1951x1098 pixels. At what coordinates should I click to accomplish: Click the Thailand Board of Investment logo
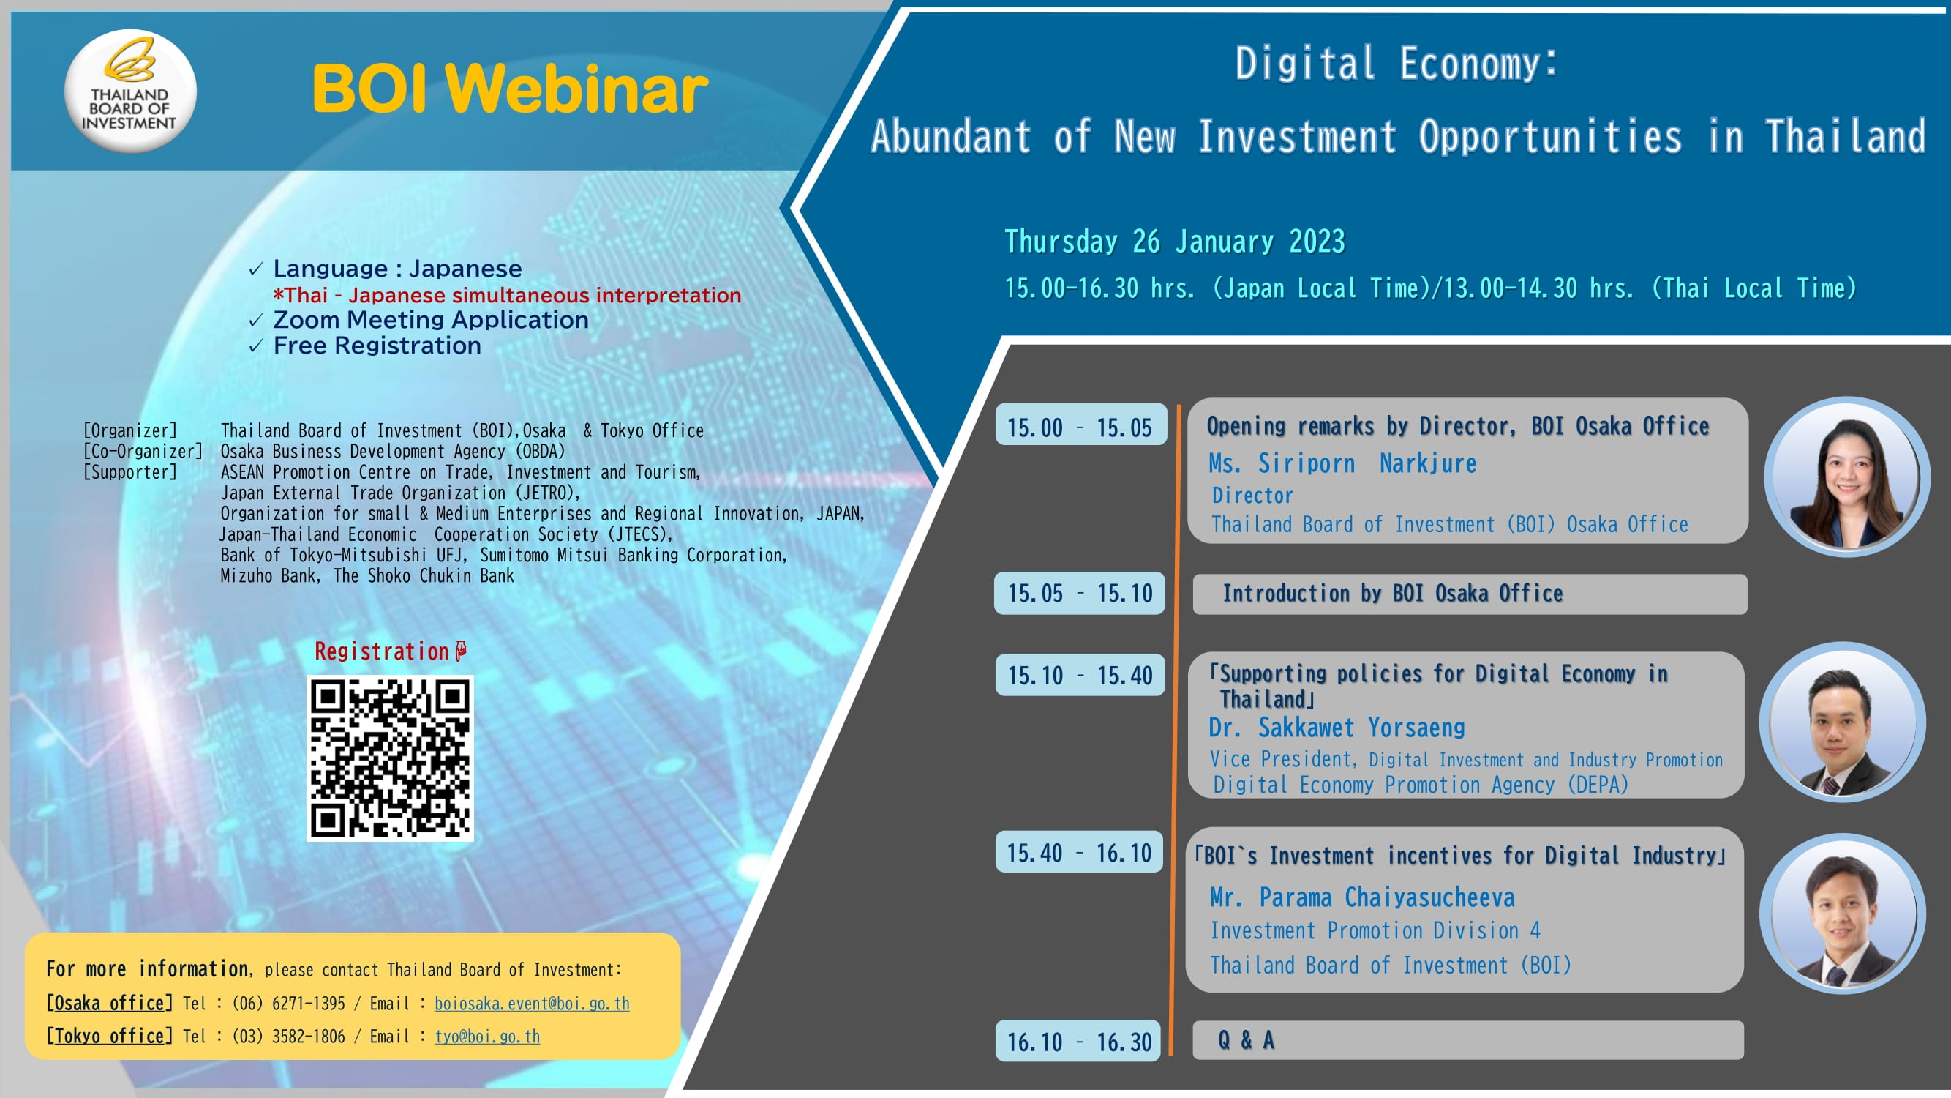point(130,91)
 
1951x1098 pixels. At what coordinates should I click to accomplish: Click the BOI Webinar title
point(510,89)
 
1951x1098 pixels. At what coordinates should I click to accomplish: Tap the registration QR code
point(390,758)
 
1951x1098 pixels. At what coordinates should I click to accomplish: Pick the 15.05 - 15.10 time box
point(1080,593)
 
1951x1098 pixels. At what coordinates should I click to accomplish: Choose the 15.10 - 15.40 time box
point(1080,674)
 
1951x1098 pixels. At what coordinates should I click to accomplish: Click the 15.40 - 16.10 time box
point(1079,852)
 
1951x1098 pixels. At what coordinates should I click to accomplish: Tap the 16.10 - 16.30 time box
point(1078,1041)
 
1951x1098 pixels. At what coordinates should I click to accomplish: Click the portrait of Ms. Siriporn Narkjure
point(1847,476)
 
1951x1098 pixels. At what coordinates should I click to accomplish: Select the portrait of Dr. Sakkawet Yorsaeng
point(1843,723)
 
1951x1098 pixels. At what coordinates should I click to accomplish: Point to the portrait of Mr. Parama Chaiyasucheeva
point(1843,913)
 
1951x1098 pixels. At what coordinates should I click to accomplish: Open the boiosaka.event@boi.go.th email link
point(532,1004)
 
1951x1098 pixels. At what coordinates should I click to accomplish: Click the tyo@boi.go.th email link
point(487,1036)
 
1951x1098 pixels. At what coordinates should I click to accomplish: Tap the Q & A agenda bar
point(1467,1040)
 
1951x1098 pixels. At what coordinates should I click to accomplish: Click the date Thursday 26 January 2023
point(1175,242)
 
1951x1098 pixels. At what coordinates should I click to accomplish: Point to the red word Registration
point(382,651)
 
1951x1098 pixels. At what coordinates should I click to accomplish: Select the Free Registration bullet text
point(377,346)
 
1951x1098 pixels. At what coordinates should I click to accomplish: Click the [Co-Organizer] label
point(143,452)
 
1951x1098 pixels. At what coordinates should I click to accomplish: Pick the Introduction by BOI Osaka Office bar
point(1470,594)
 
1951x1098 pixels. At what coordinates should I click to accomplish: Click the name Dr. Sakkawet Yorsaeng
point(1337,728)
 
